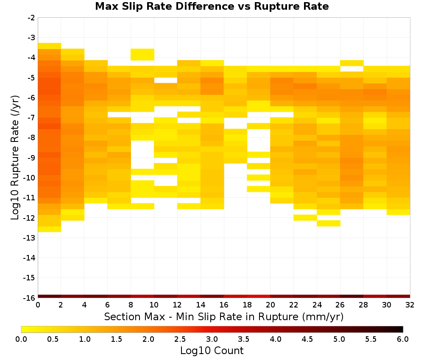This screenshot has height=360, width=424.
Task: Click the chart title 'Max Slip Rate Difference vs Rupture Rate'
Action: click(212, 6)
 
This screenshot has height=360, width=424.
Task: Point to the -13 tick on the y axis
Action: click(29, 238)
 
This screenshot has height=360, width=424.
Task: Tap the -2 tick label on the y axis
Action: click(31, 18)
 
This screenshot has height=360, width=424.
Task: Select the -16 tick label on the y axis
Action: click(29, 298)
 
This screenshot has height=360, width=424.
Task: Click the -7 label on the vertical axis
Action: click(31, 118)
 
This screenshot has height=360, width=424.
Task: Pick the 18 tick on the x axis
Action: click(247, 305)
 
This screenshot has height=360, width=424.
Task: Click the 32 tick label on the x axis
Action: click(410, 305)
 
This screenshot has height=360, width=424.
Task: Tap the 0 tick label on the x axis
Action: click(38, 305)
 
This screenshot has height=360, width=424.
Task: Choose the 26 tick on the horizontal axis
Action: click(340, 305)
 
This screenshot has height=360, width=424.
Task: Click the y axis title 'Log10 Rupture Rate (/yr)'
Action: click(15, 158)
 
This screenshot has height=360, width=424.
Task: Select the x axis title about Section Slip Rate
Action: click(224, 316)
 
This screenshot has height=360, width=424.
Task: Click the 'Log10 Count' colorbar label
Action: click(212, 351)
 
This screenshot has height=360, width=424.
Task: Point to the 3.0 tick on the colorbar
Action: click(212, 339)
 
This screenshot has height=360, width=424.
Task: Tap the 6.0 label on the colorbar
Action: click(403, 339)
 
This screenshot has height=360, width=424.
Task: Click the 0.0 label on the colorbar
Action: click(21, 339)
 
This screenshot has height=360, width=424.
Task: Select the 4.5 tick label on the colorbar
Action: click(307, 339)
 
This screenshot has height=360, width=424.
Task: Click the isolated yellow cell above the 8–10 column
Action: click(142, 55)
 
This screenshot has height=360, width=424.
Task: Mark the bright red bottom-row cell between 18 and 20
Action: click(259, 296)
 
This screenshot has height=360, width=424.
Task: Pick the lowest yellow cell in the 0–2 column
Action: click(50, 229)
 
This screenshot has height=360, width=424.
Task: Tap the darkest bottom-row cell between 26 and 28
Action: click(352, 296)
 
